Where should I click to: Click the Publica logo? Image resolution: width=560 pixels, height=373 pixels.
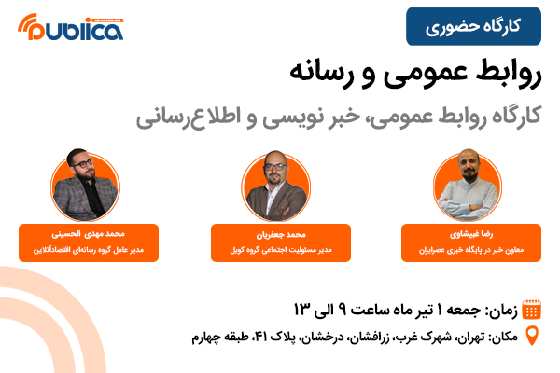click(x=71, y=27)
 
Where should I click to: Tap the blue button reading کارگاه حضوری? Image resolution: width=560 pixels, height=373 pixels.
click(x=473, y=26)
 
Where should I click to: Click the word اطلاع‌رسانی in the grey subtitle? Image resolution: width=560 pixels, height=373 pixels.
click(x=183, y=117)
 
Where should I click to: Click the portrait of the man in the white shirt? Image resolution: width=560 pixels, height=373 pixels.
click(x=468, y=186)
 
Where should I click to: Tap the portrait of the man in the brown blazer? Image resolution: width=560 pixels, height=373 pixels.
click(x=275, y=186)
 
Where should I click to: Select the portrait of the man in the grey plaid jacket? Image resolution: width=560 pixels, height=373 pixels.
click(x=85, y=185)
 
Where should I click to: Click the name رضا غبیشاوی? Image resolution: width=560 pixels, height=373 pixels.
click(x=471, y=234)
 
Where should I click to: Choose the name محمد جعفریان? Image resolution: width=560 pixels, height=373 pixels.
click(x=281, y=234)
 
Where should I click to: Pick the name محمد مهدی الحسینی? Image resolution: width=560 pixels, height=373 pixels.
click(x=89, y=234)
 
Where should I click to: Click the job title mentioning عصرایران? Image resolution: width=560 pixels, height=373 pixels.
click(x=471, y=250)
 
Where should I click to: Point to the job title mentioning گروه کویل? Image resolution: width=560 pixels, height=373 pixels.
click(x=281, y=250)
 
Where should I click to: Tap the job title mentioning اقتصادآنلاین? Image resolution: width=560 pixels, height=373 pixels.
click(x=89, y=250)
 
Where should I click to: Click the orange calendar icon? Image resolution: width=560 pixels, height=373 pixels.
click(x=531, y=309)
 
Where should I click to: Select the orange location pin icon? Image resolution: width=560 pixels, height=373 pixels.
click(x=532, y=337)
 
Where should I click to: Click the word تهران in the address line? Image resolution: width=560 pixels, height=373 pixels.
click(x=469, y=337)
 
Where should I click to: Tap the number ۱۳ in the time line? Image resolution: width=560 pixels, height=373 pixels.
click(x=301, y=309)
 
